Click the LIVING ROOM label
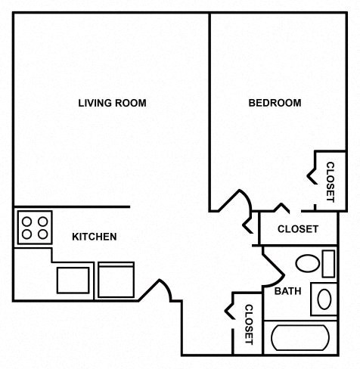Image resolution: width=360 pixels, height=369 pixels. tap(112, 104)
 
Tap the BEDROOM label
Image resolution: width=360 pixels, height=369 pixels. tap(275, 104)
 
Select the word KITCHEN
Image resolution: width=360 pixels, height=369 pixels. tap(94, 237)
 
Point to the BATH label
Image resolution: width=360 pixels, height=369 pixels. tap(287, 291)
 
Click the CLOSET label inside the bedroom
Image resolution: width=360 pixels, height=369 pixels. tap(331, 181)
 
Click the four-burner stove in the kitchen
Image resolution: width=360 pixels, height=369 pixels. tap(34, 225)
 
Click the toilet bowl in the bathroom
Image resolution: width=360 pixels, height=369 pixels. tap(306, 264)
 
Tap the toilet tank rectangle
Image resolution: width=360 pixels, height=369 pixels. tap(327, 263)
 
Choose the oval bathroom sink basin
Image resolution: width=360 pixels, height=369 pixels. tap(324, 299)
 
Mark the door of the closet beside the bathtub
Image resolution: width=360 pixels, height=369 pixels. tap(231, 312)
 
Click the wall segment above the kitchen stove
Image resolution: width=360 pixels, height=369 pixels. tap(72, 206)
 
